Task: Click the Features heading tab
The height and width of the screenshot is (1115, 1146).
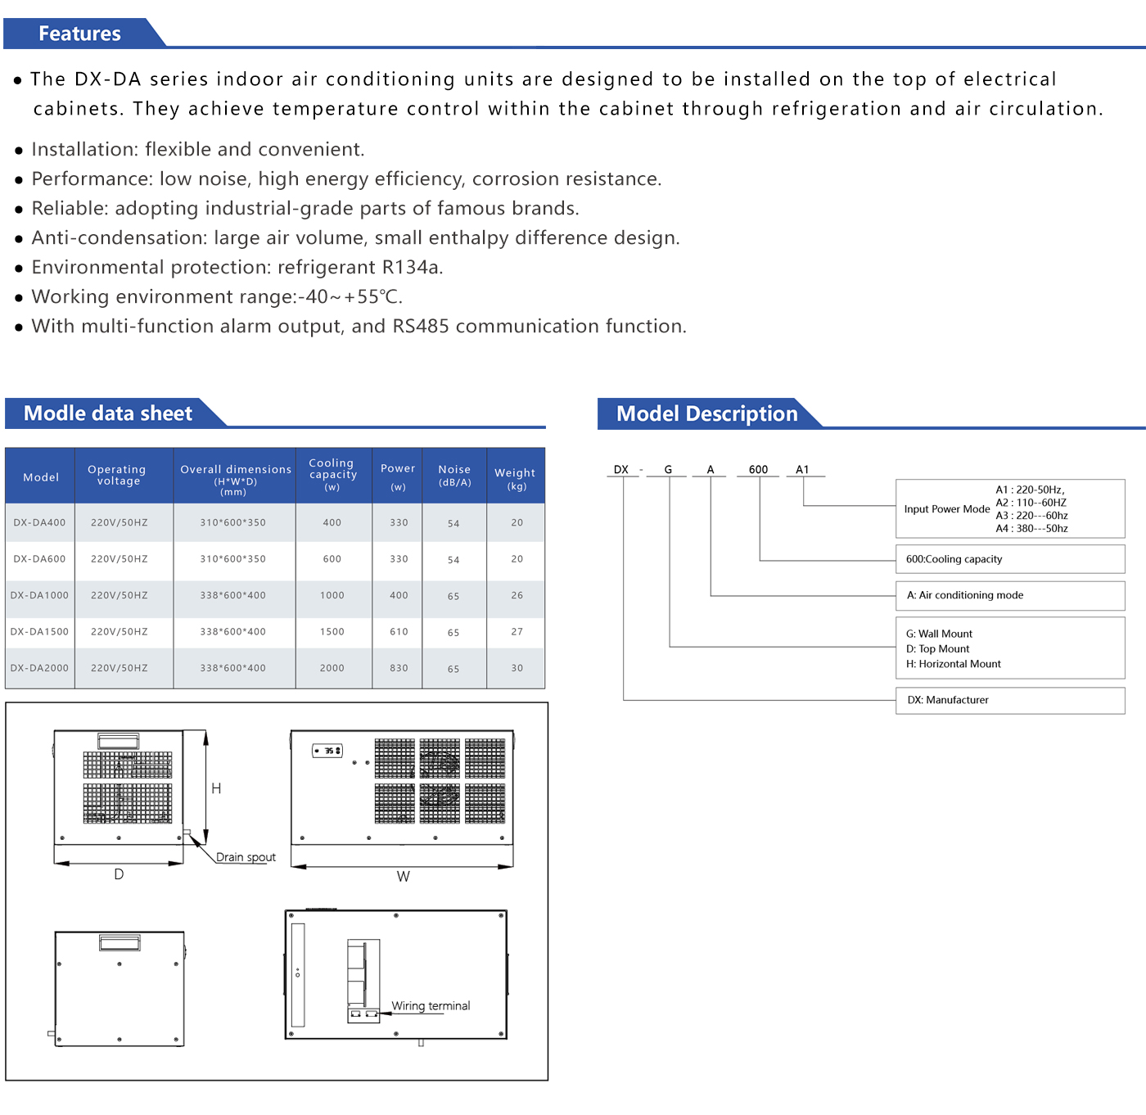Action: (79, 34)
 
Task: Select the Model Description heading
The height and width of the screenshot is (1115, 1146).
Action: (706, 413)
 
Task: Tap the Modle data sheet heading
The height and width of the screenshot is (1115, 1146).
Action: (108, 413)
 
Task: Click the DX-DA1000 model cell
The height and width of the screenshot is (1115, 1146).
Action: (39, 595)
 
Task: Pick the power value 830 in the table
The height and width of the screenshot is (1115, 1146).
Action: (399, 668)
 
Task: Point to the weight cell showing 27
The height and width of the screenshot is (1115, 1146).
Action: (517, 632)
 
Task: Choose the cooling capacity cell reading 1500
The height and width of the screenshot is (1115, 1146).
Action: (332, 632)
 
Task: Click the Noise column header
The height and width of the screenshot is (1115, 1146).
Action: (454, 475)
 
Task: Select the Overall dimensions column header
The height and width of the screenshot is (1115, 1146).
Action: (235, 475)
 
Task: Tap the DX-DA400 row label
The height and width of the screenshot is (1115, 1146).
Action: (39, 522)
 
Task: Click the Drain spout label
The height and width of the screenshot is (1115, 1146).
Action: (246, 857)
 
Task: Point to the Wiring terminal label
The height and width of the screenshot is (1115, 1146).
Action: (431, 1006)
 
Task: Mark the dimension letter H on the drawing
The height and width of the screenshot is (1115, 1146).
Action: (216, 788)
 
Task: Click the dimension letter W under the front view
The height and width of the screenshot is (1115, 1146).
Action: (403, 876)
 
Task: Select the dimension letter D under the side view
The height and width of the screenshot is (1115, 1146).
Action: (119, 874)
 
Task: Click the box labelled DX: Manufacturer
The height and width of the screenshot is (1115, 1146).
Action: (1009, 700)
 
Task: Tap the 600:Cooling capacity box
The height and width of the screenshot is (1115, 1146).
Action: (1009, 559)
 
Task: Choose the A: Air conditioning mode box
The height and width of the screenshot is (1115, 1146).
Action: (1009, 595)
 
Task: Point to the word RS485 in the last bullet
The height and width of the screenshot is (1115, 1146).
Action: (421, 327)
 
